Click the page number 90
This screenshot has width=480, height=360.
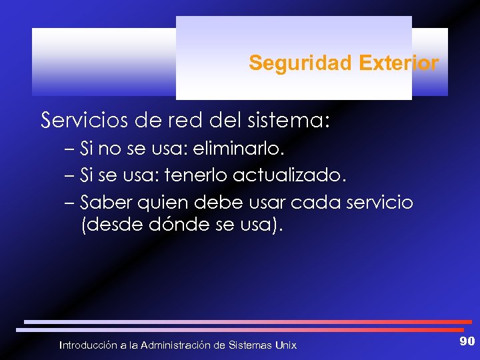[x=467, y=341]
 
